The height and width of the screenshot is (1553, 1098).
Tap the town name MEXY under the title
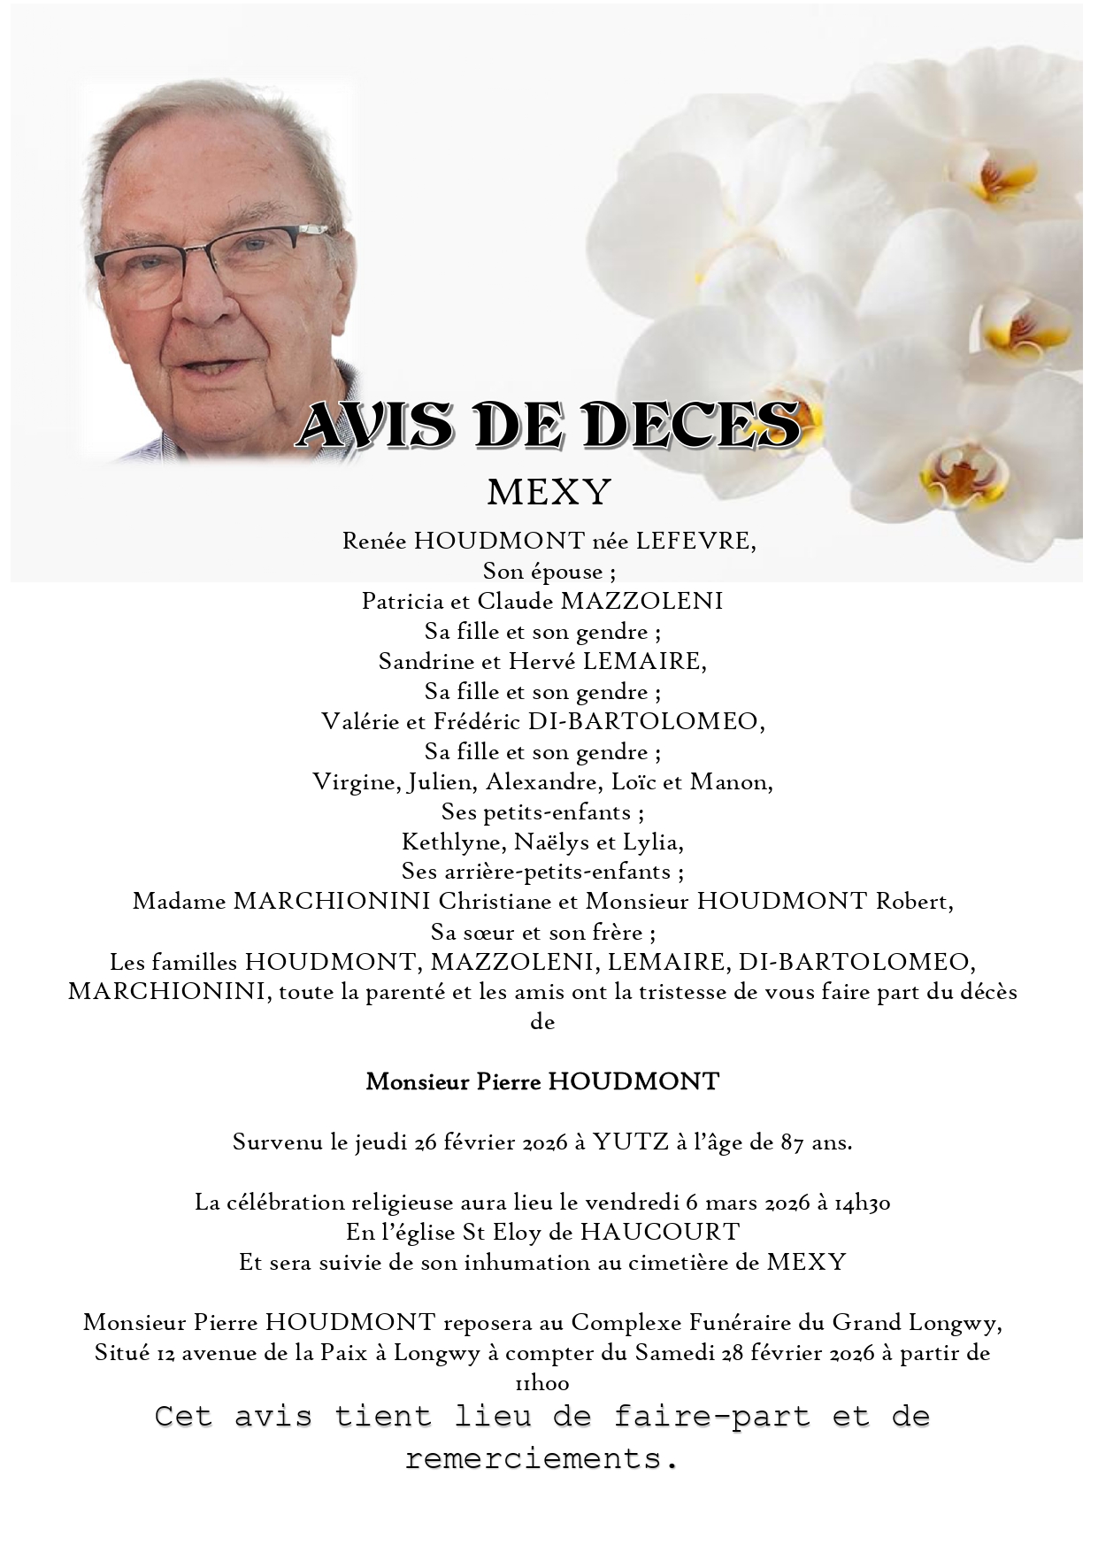point(549,492)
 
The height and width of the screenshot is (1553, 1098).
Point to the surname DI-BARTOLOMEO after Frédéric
point(645,722)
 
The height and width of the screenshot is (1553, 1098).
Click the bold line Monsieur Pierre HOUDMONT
point(542,1081)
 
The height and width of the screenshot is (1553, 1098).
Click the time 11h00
point(541,1383)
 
